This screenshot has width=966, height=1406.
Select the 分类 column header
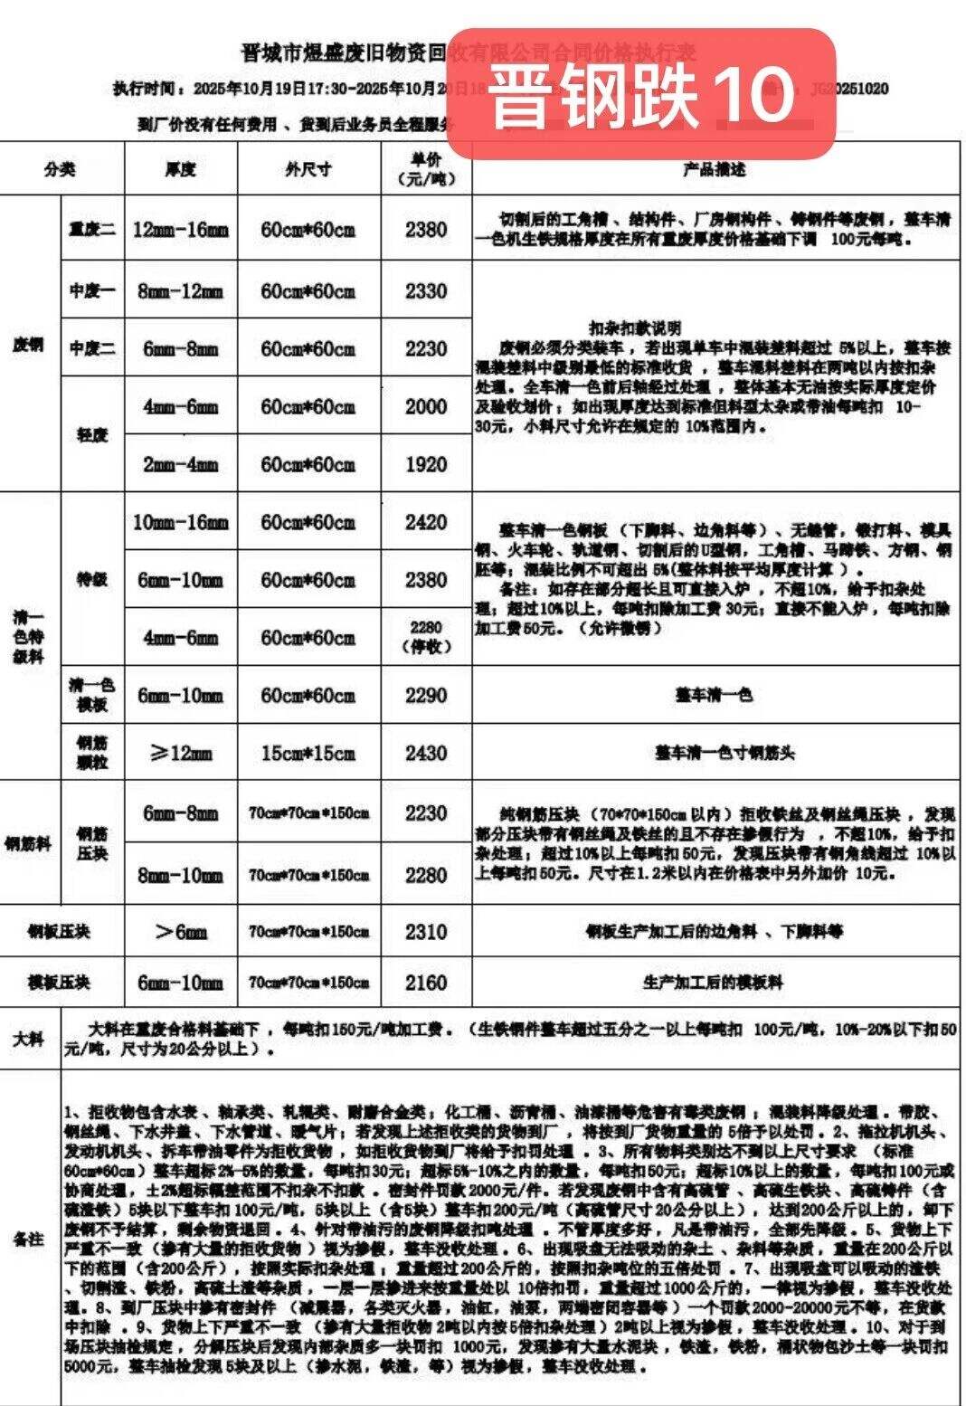pyautogui.click(x=61, y=169)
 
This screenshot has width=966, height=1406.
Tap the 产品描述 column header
pyautogui.click(x=715, y=169)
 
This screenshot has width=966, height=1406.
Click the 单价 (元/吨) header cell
pyautogui.click(x=426, y=169)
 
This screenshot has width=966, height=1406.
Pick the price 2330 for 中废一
pyautogui.click(x=426, y=291)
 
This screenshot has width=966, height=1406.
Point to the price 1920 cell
pyautogui.click(x=426, y=465)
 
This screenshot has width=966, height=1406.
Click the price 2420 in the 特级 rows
pyautogui.click(x=426, y=522)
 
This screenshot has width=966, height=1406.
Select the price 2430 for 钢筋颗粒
pyautogui.click(x=426, y=753)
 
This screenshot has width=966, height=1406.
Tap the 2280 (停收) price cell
pyautogui.click(x=426, y=637)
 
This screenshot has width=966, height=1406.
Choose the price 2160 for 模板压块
pyautogui.click(x=426, y=983)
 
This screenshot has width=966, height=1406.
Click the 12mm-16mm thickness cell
pyautogui.click(x=181, y=230)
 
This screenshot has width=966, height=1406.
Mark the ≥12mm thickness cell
pyautogui.click(x=181, y=753)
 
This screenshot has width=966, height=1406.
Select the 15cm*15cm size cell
pyautogui.click(x=308, y=753)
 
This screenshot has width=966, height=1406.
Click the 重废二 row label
pyautogui.click(x=92, y=230)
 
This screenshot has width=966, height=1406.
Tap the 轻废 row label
pyautogui.click(x=92, y=435)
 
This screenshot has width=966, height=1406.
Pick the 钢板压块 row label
pyautogui.click(x=61, y=932)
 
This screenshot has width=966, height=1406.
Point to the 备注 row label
pyautogui.click(x=30, y=1239)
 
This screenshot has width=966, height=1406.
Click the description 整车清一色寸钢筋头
pyautogui.click(x=715, y=753)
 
